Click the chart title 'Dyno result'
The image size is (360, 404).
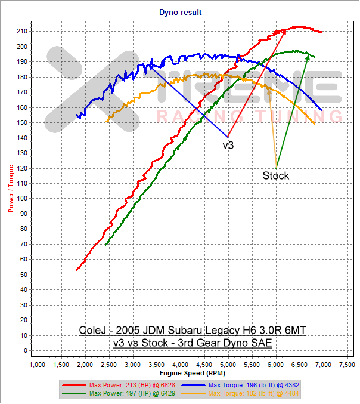click(180, 11)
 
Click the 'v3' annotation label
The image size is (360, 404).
click(228, 145)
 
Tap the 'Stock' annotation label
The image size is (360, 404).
click(275, 175)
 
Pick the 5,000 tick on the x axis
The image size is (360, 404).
click(228, 363)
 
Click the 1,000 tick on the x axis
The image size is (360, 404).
click(38, 363)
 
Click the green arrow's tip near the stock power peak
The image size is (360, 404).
click(309, 53)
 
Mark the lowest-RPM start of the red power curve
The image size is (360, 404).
click(76, 270)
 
